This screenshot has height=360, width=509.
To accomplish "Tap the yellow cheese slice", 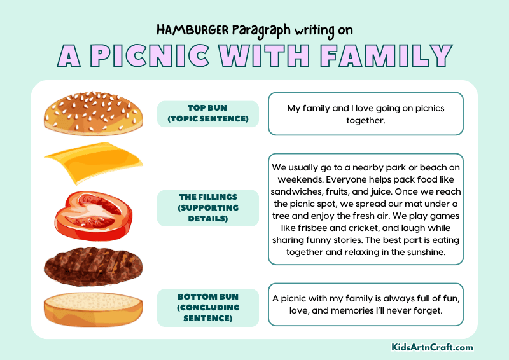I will click(94, 162).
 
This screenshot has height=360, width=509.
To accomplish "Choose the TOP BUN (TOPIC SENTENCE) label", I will click(207, 114).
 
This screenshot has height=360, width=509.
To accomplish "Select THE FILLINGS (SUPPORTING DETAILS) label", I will click(207, 208).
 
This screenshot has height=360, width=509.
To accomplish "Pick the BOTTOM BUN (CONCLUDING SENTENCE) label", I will click(207, 308).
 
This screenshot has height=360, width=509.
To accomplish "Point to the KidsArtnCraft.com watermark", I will click(432, 347).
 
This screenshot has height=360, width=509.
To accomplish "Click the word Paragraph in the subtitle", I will click(263, 30).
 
